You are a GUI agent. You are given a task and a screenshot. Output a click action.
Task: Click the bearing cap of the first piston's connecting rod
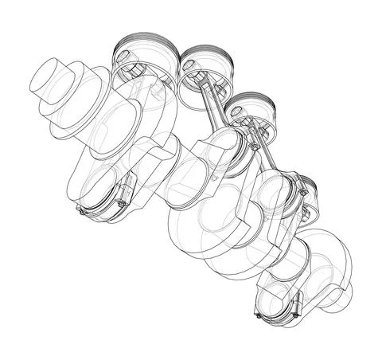click(99, 203)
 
